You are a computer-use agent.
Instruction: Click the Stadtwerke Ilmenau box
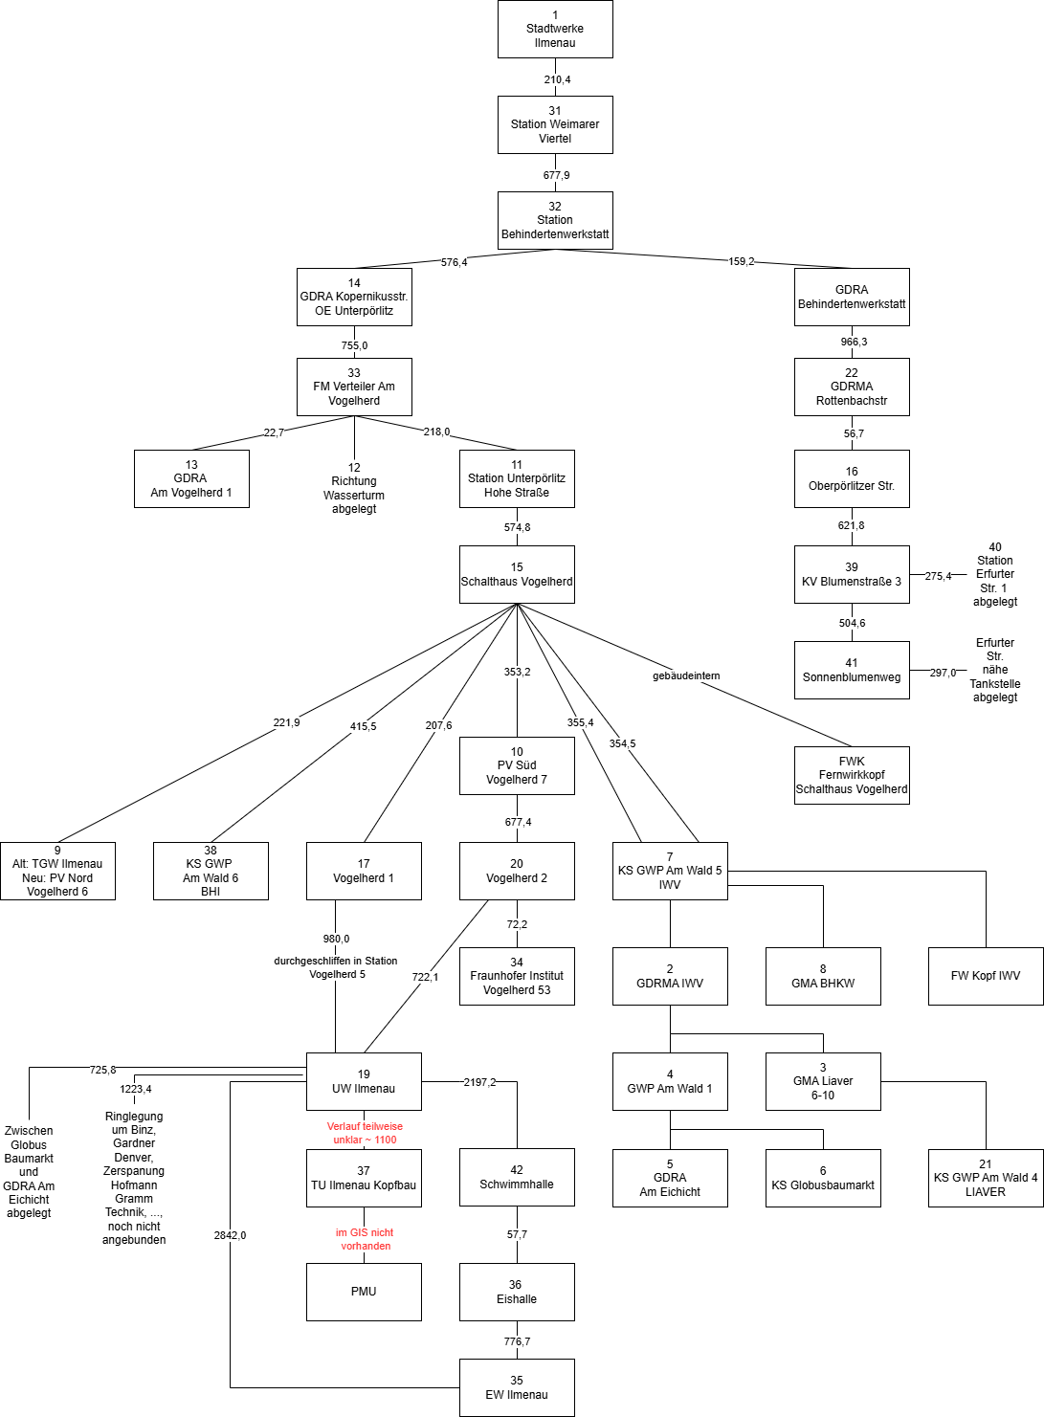(x=555, y=29)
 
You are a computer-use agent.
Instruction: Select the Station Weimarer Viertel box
(x=555, y=124)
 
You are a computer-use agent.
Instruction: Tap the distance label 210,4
(x=557, y=79)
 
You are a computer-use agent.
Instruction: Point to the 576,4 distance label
(x=454, y=262)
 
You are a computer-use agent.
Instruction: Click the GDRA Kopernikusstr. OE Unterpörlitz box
(x=354, y=297)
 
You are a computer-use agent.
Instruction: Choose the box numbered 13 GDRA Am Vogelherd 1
(x=191, y=478)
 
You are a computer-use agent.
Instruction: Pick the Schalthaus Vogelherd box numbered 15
(x=517, y=574)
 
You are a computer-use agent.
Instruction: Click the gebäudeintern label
(x=686, y=675)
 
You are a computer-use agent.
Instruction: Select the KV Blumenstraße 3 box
(x=852, y=574)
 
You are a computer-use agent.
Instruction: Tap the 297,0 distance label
(x=943, y=673)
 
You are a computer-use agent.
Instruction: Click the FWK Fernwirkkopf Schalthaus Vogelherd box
(x=852, y=775)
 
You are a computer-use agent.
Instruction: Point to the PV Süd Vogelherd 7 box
(x=517, y=765)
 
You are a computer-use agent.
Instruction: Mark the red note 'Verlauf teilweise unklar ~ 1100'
(x=365, y=1133)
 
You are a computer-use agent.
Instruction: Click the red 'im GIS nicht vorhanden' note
(x=365, y=1239)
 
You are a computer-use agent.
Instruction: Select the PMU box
(x=364, y=1292)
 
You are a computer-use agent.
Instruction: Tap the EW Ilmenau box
(x=517, y=1387)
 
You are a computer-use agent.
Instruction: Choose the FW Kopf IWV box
(x=986, y=976)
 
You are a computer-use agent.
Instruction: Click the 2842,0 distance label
(x=230, y=1235)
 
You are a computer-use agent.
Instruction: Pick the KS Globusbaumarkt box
(x=823, y=1178)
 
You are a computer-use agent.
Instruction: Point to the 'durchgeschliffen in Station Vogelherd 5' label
(x=336, y=967)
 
